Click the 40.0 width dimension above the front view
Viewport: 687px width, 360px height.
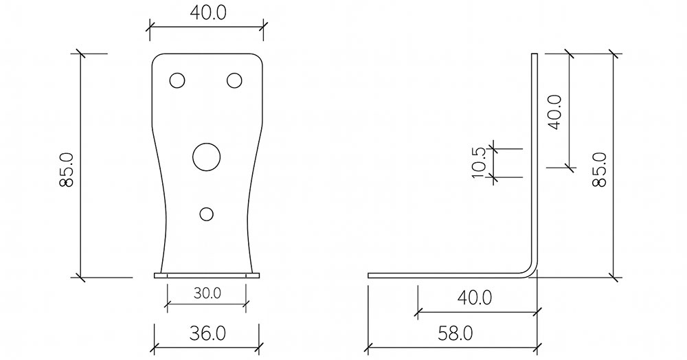pyautogui.click(x=206, y=13)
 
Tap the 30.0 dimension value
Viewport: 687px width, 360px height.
pyautogui.click(x=206, y=293)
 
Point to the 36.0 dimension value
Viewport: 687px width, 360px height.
pyautogui.click(x=206, y=334)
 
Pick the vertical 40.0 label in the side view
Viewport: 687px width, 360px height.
pyautogui.click(x=555, y=111)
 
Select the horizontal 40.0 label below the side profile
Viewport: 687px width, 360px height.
pyautogui.click(x=474, y=298)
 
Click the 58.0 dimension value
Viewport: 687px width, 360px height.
pyautogui.click(x=455, y=334)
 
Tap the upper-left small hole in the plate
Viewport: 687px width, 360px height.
pyautogui.click(x=177, y=80)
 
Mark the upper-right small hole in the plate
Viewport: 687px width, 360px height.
pyautogui.click(x=234, y=80)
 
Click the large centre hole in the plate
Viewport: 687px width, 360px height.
pyautogui.click(x=205, y=157)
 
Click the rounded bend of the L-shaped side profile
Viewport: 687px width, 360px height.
pyautogui.click(x=531, y=270)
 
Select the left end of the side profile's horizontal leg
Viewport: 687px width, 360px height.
pyautogui.click(x=370, y=275)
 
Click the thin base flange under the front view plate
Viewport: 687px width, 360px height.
pyautogui.click(x=207, y=276)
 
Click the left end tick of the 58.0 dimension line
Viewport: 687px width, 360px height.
pyautogui.click(x=368, y=348)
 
